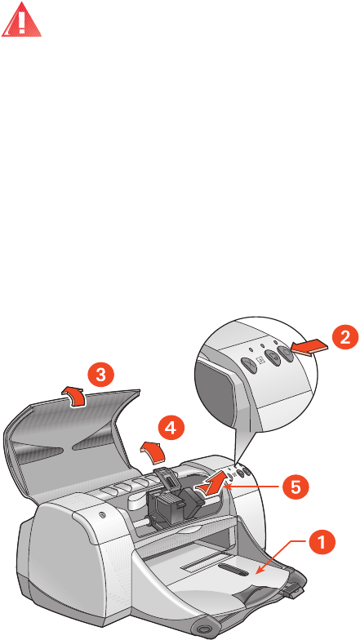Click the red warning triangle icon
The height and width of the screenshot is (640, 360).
[x=21, y=20]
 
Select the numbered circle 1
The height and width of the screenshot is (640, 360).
[x=322, y=543]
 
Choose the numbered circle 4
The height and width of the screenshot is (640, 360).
[x=171, y=428]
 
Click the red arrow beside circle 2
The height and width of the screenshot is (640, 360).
[x=310, y=348]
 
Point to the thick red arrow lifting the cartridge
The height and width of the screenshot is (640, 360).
[x=211, y=482]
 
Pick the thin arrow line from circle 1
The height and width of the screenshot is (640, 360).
[x=281, y=557]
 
